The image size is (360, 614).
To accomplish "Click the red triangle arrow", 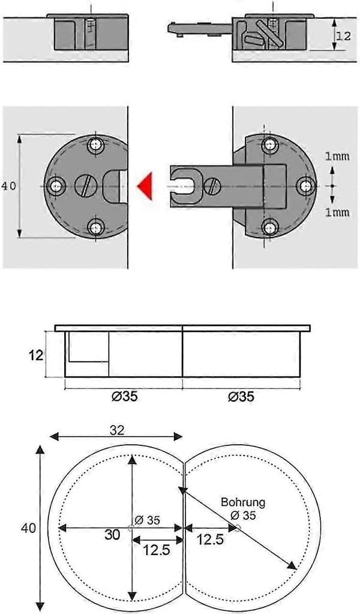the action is coord(146,186).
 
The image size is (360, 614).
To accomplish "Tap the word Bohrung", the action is coord(243,502).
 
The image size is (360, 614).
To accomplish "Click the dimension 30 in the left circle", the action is coord(112,535).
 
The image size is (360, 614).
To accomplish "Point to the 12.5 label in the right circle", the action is coord(210,540).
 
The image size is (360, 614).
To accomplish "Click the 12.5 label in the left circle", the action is coord(157,550).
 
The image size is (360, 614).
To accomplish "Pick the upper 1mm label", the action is coord(337,156).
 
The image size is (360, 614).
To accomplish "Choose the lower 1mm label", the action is coord(337,212).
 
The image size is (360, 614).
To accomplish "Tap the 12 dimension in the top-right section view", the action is coord(344,37).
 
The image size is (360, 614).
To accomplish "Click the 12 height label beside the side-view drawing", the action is coord(35,355).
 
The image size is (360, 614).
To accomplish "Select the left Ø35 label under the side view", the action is coord(124,397).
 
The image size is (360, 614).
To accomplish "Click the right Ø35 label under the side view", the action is coord(241,397).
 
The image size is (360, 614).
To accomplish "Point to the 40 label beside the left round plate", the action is coord(8,186).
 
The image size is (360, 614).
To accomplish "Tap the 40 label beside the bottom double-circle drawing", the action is coord(28,528).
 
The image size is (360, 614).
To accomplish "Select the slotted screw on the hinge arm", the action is coord(212,185).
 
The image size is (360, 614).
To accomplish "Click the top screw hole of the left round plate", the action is coord(95,145).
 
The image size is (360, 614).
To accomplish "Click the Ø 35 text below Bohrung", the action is coord(243,516).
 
